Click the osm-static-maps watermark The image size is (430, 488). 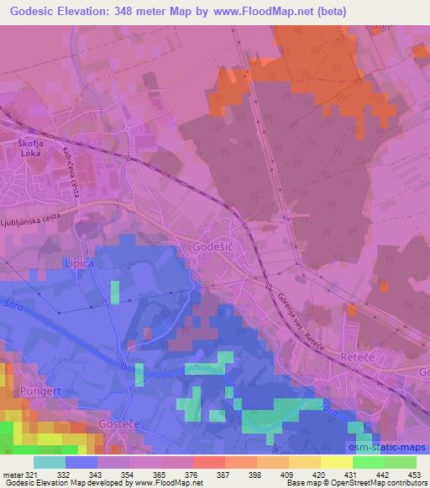[391, 446]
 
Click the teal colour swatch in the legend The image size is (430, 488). [49, 462]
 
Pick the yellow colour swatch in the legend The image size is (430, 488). [336, 462]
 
